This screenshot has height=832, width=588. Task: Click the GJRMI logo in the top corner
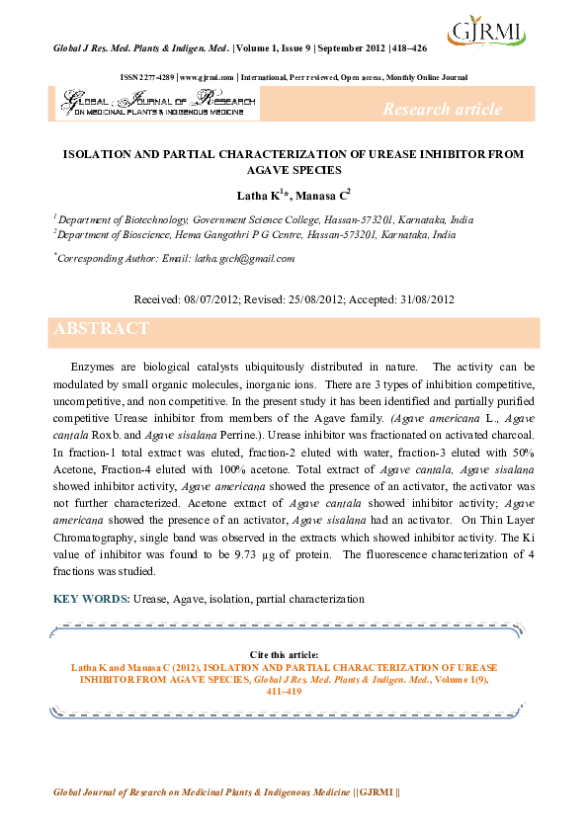(x=486, y=39)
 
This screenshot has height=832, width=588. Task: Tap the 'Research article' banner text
(x=441, y=109)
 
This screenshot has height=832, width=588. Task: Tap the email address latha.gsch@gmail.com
(x=244, y=259)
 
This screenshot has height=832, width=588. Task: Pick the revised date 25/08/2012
(x=319, y=298)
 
